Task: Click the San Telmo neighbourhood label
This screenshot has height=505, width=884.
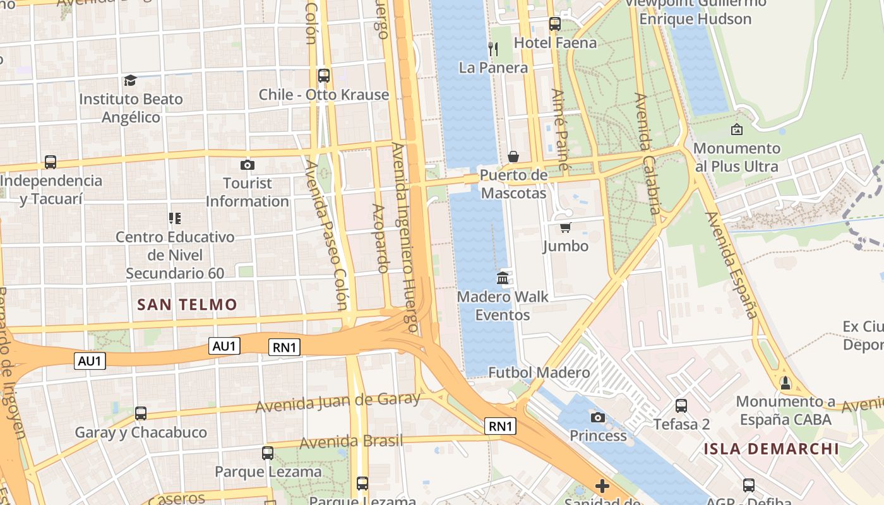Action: pos(187,305)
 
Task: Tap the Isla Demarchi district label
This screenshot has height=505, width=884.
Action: pos(772,449)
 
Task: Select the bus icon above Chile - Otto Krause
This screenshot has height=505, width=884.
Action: pos(324,76)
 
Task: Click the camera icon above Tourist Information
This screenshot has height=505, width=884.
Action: pos(248,165)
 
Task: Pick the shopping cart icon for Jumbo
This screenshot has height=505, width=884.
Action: pos(565,227)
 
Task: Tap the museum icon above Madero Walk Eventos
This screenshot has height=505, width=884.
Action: pos(503,278)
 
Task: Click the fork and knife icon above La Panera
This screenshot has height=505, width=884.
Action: pos(493,49)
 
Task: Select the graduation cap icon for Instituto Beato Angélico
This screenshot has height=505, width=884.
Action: pos(130,80)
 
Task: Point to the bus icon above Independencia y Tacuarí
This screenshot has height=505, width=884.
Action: pos(51,162)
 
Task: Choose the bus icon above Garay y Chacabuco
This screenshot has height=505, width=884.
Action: pos(141,413)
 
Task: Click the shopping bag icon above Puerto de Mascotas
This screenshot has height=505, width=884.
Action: pos(513,156)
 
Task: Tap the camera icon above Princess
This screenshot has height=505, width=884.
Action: pos(597,417)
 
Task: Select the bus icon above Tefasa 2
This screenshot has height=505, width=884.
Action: pos(681,405)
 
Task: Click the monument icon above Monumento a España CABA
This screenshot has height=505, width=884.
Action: pos(785,383)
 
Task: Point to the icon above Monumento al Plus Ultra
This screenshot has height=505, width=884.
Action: pos(736,130)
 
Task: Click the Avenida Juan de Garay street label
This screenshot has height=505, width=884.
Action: pos(337,401)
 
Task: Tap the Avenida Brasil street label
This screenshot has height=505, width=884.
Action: pos(350,441)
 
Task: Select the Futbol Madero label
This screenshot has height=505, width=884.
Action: pos(539,372)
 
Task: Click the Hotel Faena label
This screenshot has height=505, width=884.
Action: pos(555,43)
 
